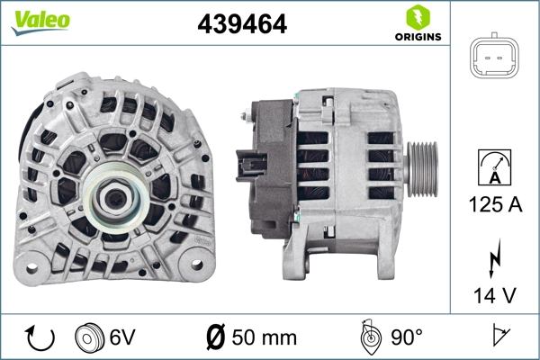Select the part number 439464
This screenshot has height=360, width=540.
coord(242,24)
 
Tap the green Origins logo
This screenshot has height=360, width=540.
coord(416,23)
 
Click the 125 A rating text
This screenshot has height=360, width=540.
coord(494,204)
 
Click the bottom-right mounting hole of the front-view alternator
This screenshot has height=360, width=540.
coord(193,268)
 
